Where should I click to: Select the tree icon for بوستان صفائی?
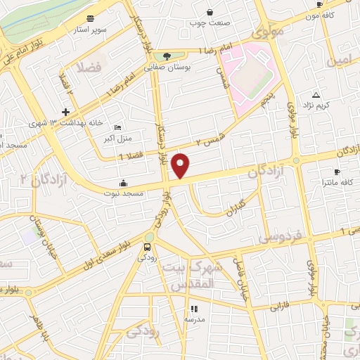(x=167, y=56)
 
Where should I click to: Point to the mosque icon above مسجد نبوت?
(x=124, y=183)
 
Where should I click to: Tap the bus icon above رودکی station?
(x=147, y=247)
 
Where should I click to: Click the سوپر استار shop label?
(x=91, y=30)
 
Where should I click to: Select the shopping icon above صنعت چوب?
(x=210, y=12)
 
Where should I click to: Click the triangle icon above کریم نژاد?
(x=316, y=94)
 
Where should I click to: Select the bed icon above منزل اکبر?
(x=117, y=127)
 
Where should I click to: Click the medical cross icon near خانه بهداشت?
(x=65, y=112)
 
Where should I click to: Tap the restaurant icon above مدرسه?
(x=193, y=308)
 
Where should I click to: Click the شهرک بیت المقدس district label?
(x=192, y=276)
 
